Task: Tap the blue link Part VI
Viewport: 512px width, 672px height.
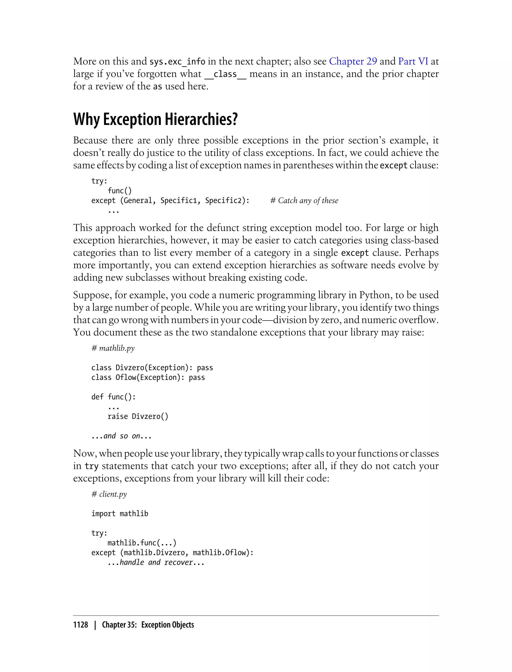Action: coord(413,61)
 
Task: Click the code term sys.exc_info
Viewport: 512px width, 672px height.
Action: coord(177,61)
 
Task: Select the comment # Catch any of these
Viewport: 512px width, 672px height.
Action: coord(304,200)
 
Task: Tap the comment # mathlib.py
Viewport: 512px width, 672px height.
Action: coord(113,348)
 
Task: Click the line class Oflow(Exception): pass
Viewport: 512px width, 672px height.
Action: coord(148,377)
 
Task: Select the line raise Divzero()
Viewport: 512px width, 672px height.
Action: coord(138,416)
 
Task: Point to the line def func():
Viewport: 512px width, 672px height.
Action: coord(113,397)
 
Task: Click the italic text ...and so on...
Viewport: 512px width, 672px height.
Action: coord(121,436)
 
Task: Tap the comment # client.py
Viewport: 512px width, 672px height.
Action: coord(109,494)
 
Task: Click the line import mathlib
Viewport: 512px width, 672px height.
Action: coord(119,513)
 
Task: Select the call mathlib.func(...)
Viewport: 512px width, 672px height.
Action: coord(142,543)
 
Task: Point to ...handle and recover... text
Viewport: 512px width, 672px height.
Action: coord(156,562)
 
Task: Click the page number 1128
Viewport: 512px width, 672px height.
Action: coord(80,625)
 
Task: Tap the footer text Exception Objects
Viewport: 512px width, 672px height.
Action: coord(167,625)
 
